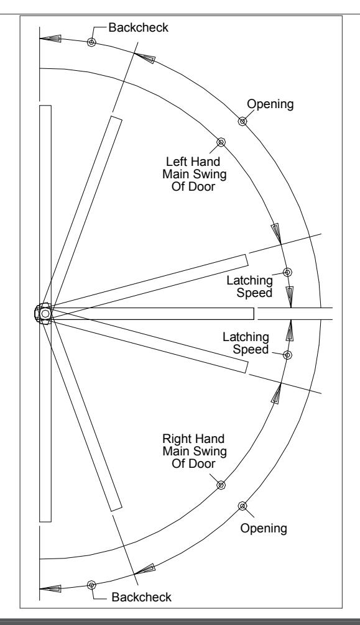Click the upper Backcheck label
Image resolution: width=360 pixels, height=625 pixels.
tap(138, 27)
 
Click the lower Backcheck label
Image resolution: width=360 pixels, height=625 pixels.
tap(141, 596)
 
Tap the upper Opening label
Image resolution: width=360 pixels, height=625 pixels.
tap(270, 104)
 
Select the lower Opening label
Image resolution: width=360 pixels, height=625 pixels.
tap(264, 528)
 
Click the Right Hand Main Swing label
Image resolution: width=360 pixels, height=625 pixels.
tap(195, 451)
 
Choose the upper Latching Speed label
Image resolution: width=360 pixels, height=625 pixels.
tap(250, 286)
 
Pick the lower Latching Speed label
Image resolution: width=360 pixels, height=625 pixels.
tap(246, 343)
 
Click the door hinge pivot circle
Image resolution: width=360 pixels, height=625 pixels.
tap(45, 314)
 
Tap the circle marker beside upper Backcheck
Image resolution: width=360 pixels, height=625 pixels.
tap(91, 42)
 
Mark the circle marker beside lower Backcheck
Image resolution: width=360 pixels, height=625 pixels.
tap(91, 585)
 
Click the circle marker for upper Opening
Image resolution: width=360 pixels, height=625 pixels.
tap(242, 121)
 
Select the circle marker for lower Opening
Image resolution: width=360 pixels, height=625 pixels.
tap(242, 506)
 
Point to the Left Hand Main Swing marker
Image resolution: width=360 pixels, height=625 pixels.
tap(221, 142)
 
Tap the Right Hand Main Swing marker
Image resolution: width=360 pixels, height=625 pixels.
tap(221, 485)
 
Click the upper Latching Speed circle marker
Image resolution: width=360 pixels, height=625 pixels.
tap(287, 272)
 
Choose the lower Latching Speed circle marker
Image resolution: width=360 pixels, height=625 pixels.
tap(287, 355)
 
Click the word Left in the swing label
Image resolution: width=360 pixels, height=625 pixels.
tap(177, 162)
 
